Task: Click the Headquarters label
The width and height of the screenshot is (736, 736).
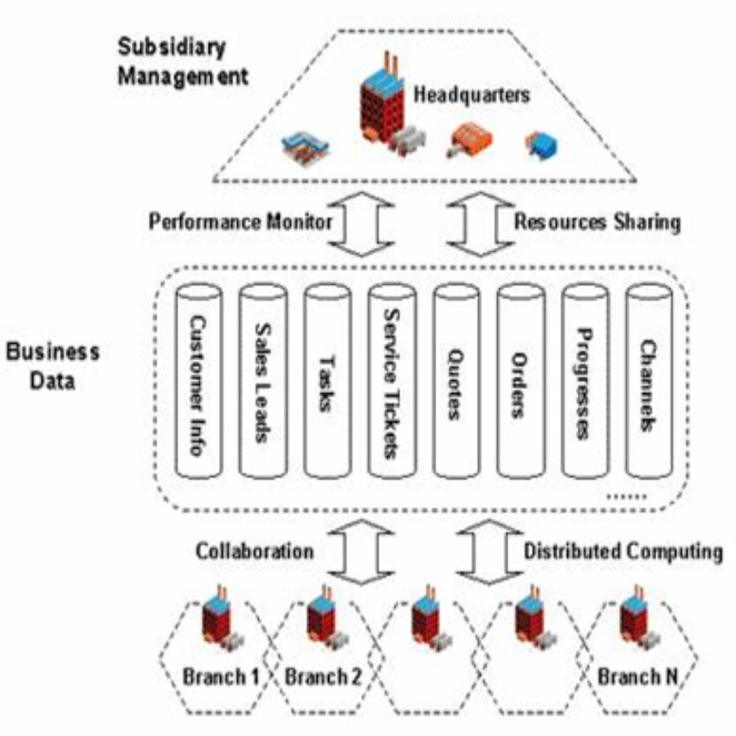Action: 470,94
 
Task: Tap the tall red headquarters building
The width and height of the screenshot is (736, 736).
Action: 382,108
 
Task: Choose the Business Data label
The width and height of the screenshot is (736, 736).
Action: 52,366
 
